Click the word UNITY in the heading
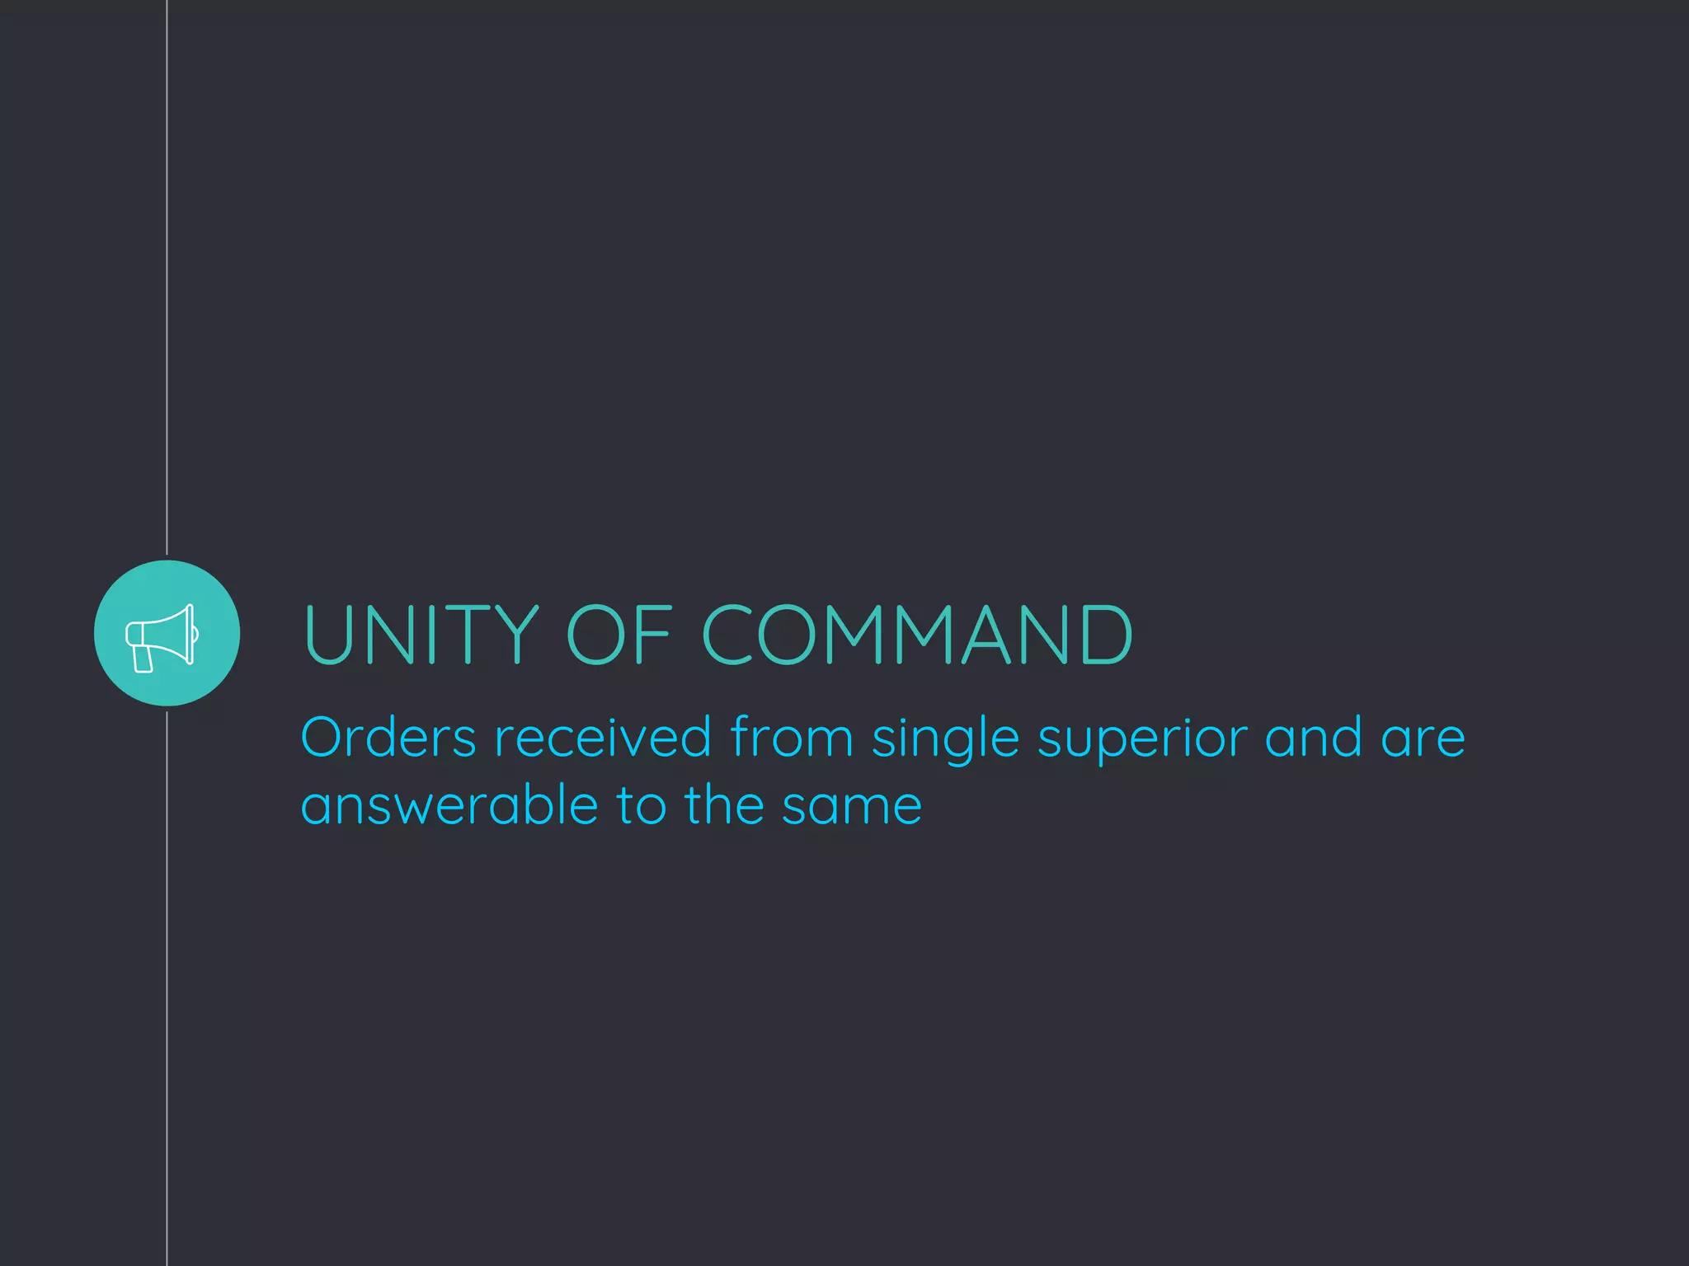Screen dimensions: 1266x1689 (421, 634)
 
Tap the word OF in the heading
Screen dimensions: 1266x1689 (619, 634)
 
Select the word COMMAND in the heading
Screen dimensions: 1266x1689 (917, 634)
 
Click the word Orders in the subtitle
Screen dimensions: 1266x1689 (388, 737)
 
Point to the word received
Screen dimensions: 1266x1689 (603, 737)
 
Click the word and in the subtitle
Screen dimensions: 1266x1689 (1313, 737)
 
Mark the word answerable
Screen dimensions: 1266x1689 (449, 805)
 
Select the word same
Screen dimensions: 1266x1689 (852, 807)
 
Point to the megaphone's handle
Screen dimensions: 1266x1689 (143, 659)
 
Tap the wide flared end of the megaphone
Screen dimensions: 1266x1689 (189, 634)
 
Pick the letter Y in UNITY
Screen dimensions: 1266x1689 (516, 634)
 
